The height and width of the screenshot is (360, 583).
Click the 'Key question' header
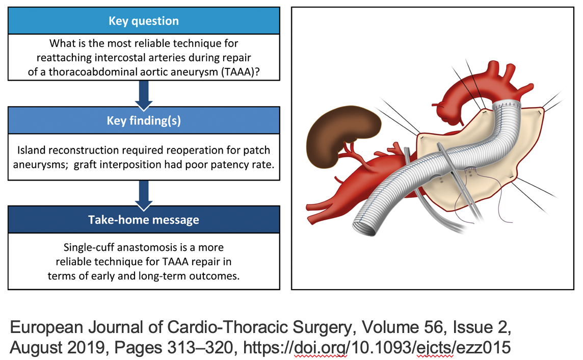[x=144, y=21]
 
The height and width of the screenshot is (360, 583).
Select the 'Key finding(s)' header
[x=144, y=120]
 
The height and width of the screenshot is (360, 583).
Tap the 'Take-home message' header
[x=144, y=220]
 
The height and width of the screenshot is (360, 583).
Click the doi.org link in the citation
[x=377, y=347]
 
